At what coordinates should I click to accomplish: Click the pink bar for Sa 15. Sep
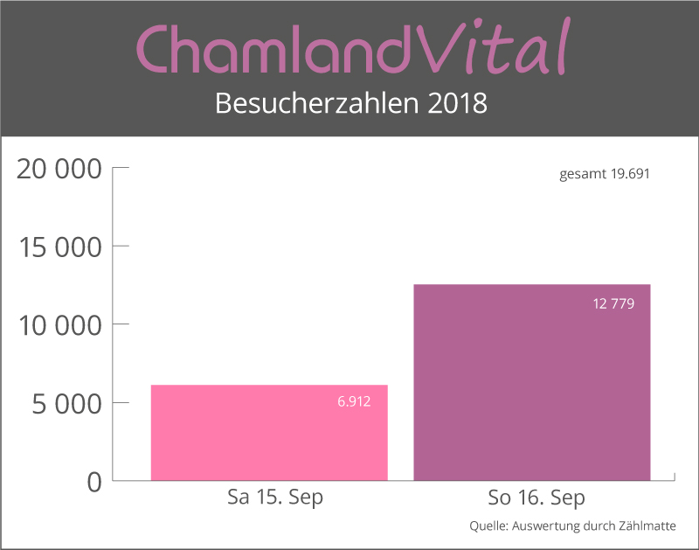pyautogui.click(x=269, y=433)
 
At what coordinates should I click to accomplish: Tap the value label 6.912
pyautogui.click(x=354, y=401)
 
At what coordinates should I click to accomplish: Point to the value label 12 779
pyautogui.click(x=613, y=304)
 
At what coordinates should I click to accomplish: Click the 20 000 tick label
pyautogui.click(x=60, y=168)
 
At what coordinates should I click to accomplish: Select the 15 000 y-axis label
pyautogui.click(x=60, y=247)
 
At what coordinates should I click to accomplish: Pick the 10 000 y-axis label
pyautogui.click(x=60, y=324)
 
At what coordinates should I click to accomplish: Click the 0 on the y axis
pyautogui.click(x=94, y=482)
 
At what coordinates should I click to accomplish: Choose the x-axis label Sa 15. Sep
pyautogui.click(x=274, y=498)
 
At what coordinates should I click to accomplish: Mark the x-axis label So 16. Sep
pyautogui.click(x=536, y=498)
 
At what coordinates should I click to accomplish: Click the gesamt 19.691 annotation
pyautogui.click(x=605, y=174)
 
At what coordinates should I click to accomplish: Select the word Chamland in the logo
pyautogui.click(x=273, y=50)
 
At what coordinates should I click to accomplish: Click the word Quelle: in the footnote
pyautogui.click(x=490, y=526)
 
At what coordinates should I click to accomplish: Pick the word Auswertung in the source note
pyautogui.click(x=550, y=526)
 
